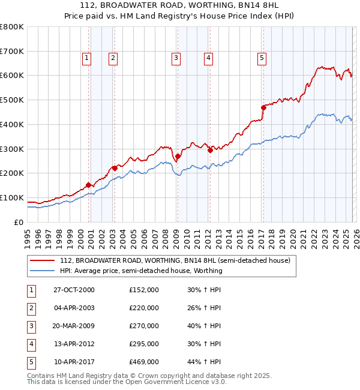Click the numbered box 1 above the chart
pyautogui.click(x=87, y=58)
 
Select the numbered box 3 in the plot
pyautogui.click(x=176, y=58)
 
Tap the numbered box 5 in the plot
pyautogui.click(x=262, y=58)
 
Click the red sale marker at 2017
pyautogui.click(x=263, y=107)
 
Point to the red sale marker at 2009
pyautogui.click(x=178, y=156)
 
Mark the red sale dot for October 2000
pyautogui.click(x=89, y=185)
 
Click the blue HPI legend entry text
pyautogui.click(x=141, y=271)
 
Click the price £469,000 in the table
pyautogui.click(x=144, y=362)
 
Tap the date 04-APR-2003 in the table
pyautogui.click(x=74, y=308)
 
